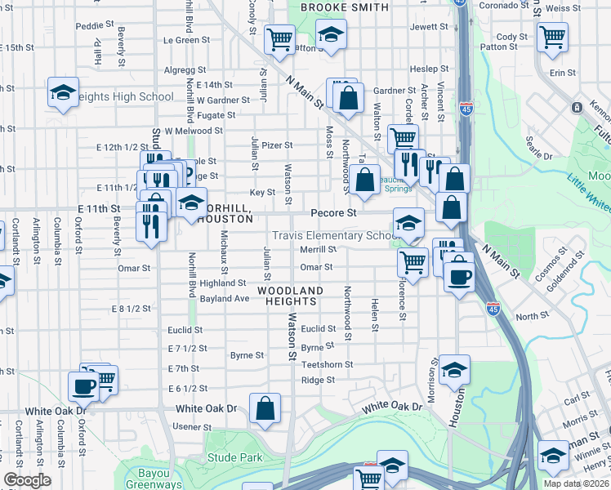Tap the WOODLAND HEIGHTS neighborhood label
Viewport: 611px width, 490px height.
coord(290,296)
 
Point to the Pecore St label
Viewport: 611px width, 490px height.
coord(334,212)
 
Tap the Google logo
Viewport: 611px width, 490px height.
coord(27,480)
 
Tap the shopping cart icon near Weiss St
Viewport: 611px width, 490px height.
coord(552,36)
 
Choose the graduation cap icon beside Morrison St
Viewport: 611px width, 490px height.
coord(454,370)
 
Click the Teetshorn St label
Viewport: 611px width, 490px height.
coord(327,364)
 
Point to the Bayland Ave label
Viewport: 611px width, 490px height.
coord(225,299)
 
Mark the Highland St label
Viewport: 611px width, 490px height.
coord(223,283)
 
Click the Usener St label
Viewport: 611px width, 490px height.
coord(192,427)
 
